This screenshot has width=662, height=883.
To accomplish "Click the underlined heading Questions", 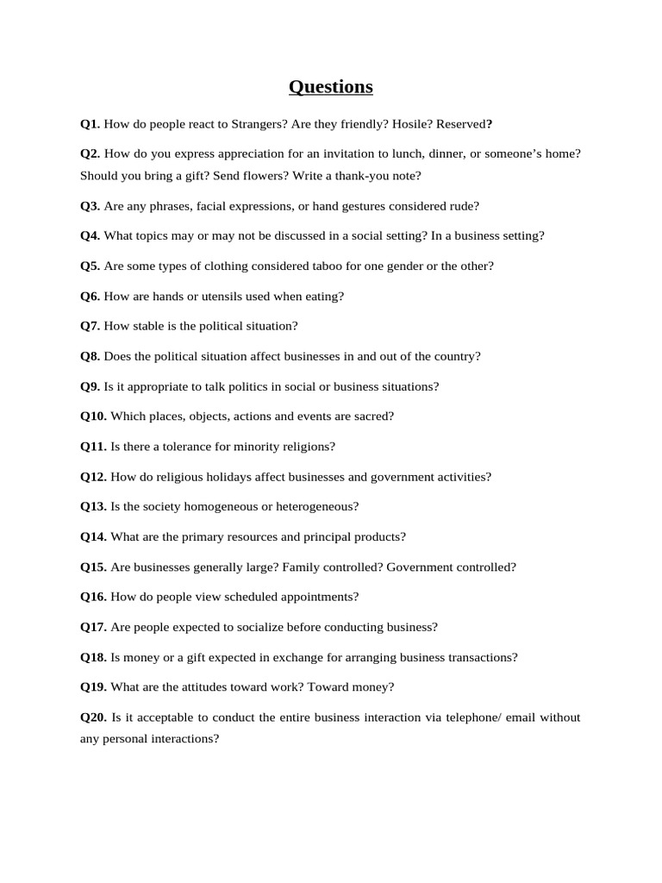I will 331,87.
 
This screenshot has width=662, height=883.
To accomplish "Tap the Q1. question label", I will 91,124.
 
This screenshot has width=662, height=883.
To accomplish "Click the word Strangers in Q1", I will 259,124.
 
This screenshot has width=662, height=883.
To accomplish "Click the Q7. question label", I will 91,326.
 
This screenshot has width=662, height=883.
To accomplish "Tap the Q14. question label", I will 94,536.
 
